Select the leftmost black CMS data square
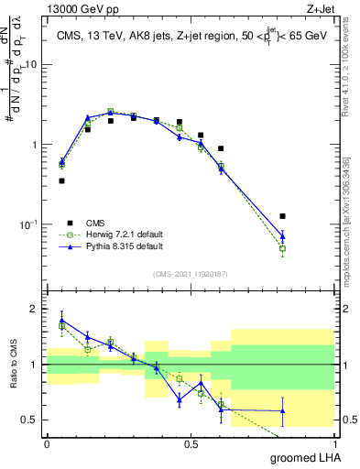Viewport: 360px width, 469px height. click(x=61, y=180)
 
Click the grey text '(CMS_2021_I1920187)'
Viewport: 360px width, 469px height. click(x=191, y=274)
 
